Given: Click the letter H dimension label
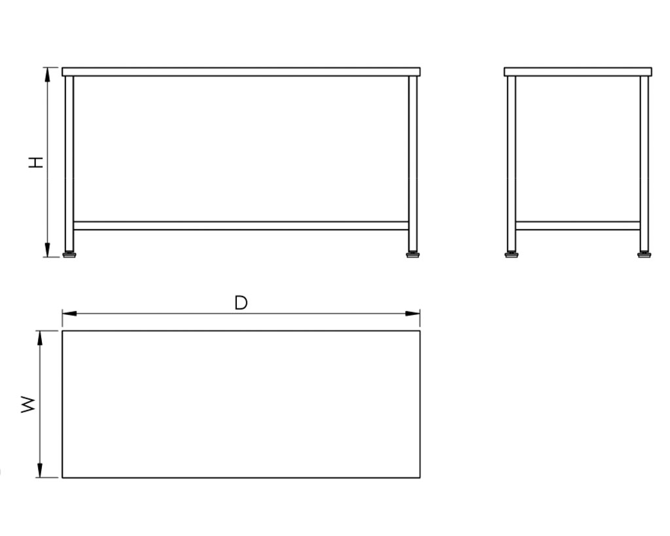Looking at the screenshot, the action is coord(36,162).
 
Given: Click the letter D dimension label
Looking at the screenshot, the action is coord(241,303).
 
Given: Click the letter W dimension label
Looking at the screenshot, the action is coord(28,404).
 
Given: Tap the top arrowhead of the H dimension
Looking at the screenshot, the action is coord(47,75).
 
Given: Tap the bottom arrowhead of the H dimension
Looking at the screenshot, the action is coord(47,250).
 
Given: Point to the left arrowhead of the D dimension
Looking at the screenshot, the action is coord(69,313).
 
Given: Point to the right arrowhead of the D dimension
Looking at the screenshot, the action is coord(413,313).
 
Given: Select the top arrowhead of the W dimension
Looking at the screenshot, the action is coord(40,338).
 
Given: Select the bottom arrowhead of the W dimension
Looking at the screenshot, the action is coord(40,470).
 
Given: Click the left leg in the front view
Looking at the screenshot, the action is coord(69,164).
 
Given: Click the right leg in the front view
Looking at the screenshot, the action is coord(413,164).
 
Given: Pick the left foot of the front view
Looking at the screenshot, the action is coord(69,255).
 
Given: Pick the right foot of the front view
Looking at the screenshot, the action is coord(413,255).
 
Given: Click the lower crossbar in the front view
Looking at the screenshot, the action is coord(241,226).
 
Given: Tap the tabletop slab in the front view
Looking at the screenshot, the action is coord(241,72).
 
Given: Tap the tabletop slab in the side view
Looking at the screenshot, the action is coord(578,72).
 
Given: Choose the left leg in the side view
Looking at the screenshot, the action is coord(512,164).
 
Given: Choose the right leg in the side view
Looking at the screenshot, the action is coord(644,164).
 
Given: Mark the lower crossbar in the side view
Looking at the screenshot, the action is coord(578,226).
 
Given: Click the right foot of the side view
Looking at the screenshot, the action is coord(644,255).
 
